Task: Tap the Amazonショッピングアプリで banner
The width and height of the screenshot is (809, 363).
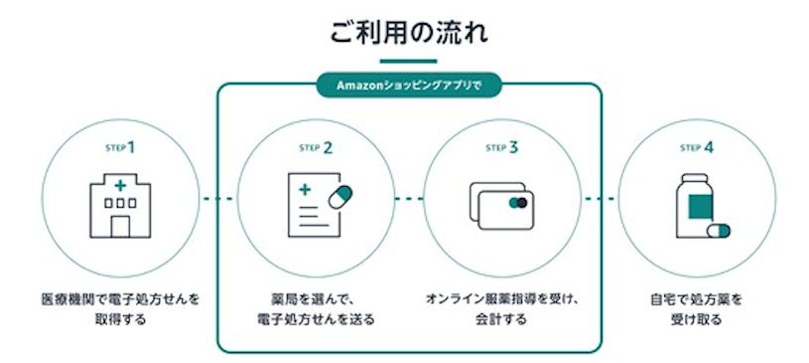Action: pos(409,86)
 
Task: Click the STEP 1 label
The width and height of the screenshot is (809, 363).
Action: pos(119,146)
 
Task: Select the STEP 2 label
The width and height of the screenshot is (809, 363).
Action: pos(315,146)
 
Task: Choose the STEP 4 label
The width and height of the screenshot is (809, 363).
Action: pos(696,146)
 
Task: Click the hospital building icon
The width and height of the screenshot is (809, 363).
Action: pos(120,207)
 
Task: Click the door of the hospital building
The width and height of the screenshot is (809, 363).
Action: pos(120,227)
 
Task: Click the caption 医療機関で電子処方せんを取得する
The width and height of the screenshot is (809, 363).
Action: pos(119,308)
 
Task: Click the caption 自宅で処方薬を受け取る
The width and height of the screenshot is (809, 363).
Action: pos(696,308)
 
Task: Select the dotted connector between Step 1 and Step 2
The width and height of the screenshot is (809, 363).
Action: pos(217,200)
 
